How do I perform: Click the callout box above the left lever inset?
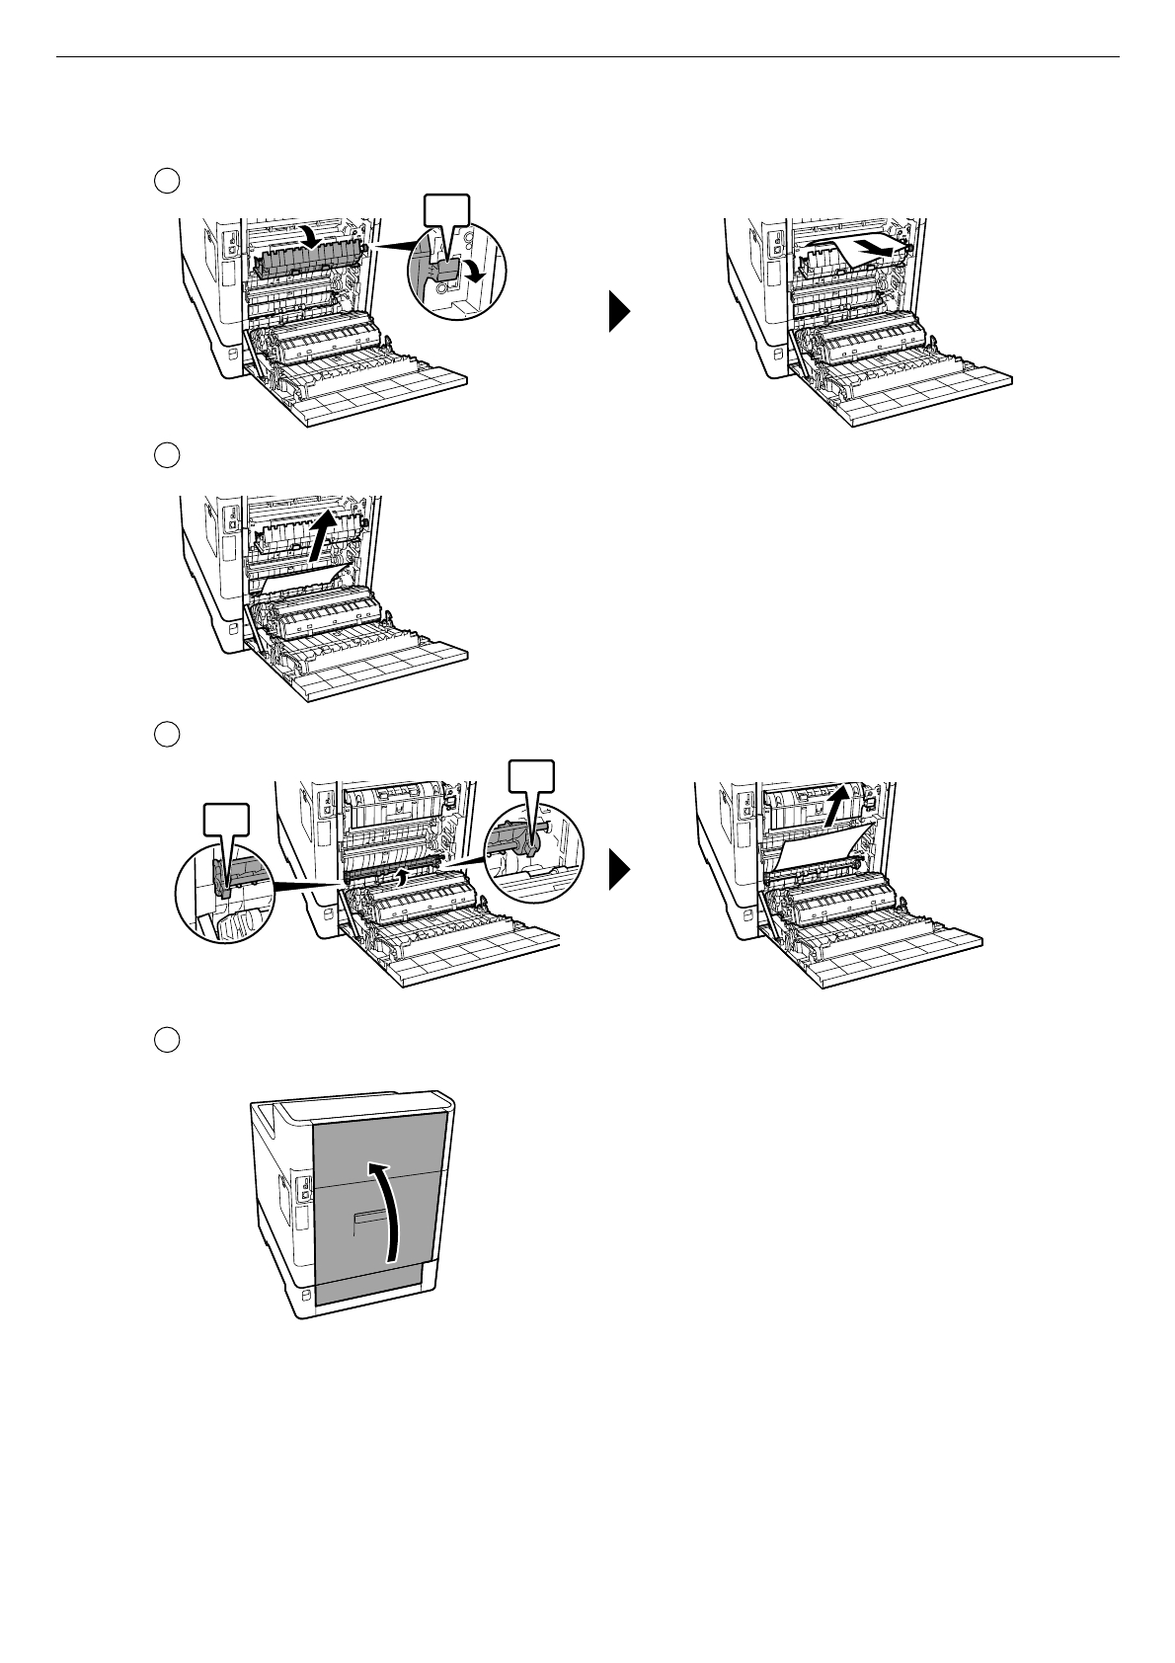(225, 821)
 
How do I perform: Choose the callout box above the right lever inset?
(530, 775)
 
